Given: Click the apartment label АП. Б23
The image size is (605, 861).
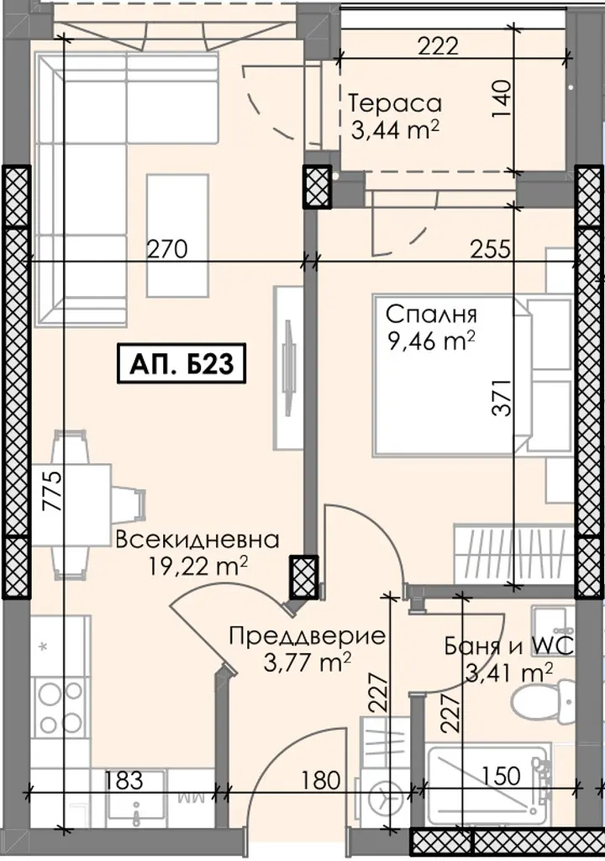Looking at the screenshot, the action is (181, 363).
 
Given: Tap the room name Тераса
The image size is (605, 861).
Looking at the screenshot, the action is (395, 103).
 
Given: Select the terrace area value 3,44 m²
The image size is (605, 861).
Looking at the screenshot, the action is (395, 130).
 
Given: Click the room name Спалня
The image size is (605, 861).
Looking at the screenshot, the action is (431, 314).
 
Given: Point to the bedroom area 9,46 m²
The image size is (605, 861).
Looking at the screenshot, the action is (431, 341).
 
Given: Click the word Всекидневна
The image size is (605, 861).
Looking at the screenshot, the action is (197, 540).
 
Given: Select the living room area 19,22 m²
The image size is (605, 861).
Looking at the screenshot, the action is (197, 566).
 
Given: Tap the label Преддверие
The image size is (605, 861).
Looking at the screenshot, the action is (308, 636).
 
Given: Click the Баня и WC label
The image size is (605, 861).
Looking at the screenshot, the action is (509, 646).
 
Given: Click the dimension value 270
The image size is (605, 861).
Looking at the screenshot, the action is (167, 249).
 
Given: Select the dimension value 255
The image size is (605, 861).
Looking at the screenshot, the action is (490, 249).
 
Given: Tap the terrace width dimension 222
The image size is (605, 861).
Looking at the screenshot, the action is (438, 46).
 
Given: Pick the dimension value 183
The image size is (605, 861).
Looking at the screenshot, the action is (124, 780).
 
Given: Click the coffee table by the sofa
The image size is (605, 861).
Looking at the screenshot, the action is (177, 236).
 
